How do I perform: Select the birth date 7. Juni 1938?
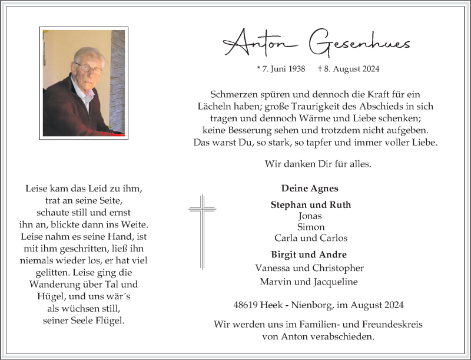281,69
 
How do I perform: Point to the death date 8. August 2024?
349,69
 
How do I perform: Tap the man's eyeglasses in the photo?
87,68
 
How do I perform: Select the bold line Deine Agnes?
310,189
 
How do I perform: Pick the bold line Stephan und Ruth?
310,205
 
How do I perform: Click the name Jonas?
310,216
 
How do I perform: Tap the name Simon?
310,227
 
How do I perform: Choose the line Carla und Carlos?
310,238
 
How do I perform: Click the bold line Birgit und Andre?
309,255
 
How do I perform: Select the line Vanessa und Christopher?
310,267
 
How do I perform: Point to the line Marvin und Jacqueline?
310,281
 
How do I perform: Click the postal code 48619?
246,305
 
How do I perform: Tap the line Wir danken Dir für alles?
318,164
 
